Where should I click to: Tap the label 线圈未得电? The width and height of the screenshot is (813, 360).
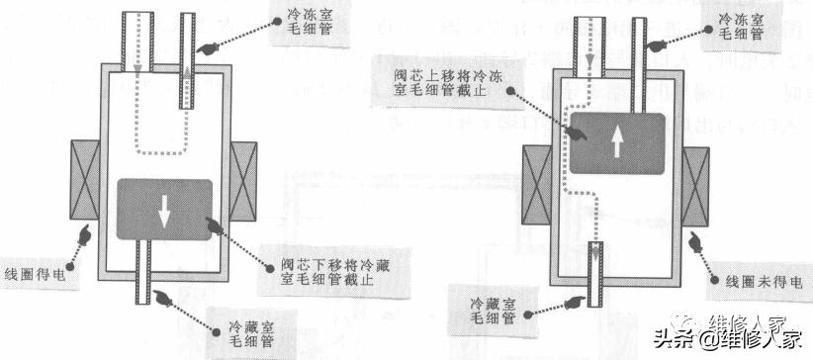758,282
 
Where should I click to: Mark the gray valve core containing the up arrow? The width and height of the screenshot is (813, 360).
617,144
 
